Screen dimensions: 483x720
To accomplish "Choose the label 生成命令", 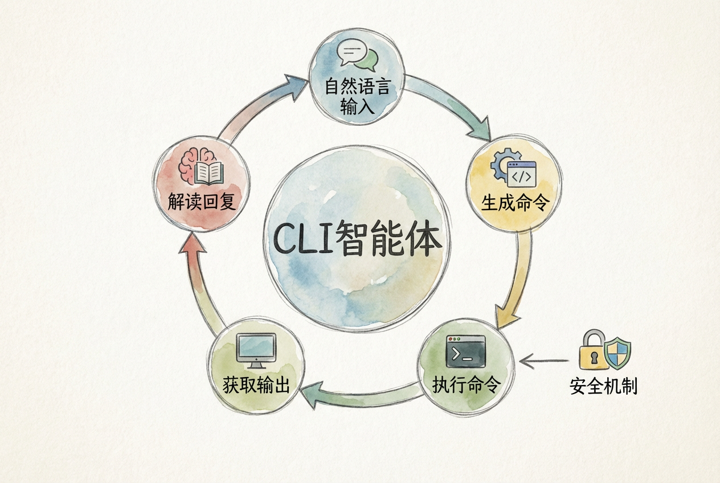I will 514,203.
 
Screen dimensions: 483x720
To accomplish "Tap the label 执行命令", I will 466,385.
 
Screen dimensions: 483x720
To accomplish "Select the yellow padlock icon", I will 592,350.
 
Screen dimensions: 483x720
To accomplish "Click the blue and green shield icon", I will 617,353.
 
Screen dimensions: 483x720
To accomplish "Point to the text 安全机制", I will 603,387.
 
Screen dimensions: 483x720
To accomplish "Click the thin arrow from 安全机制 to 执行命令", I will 544,360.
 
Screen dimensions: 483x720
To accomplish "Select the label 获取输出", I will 256,385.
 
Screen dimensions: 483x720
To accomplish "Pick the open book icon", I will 208,173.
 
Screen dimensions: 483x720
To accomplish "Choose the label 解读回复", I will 202,202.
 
